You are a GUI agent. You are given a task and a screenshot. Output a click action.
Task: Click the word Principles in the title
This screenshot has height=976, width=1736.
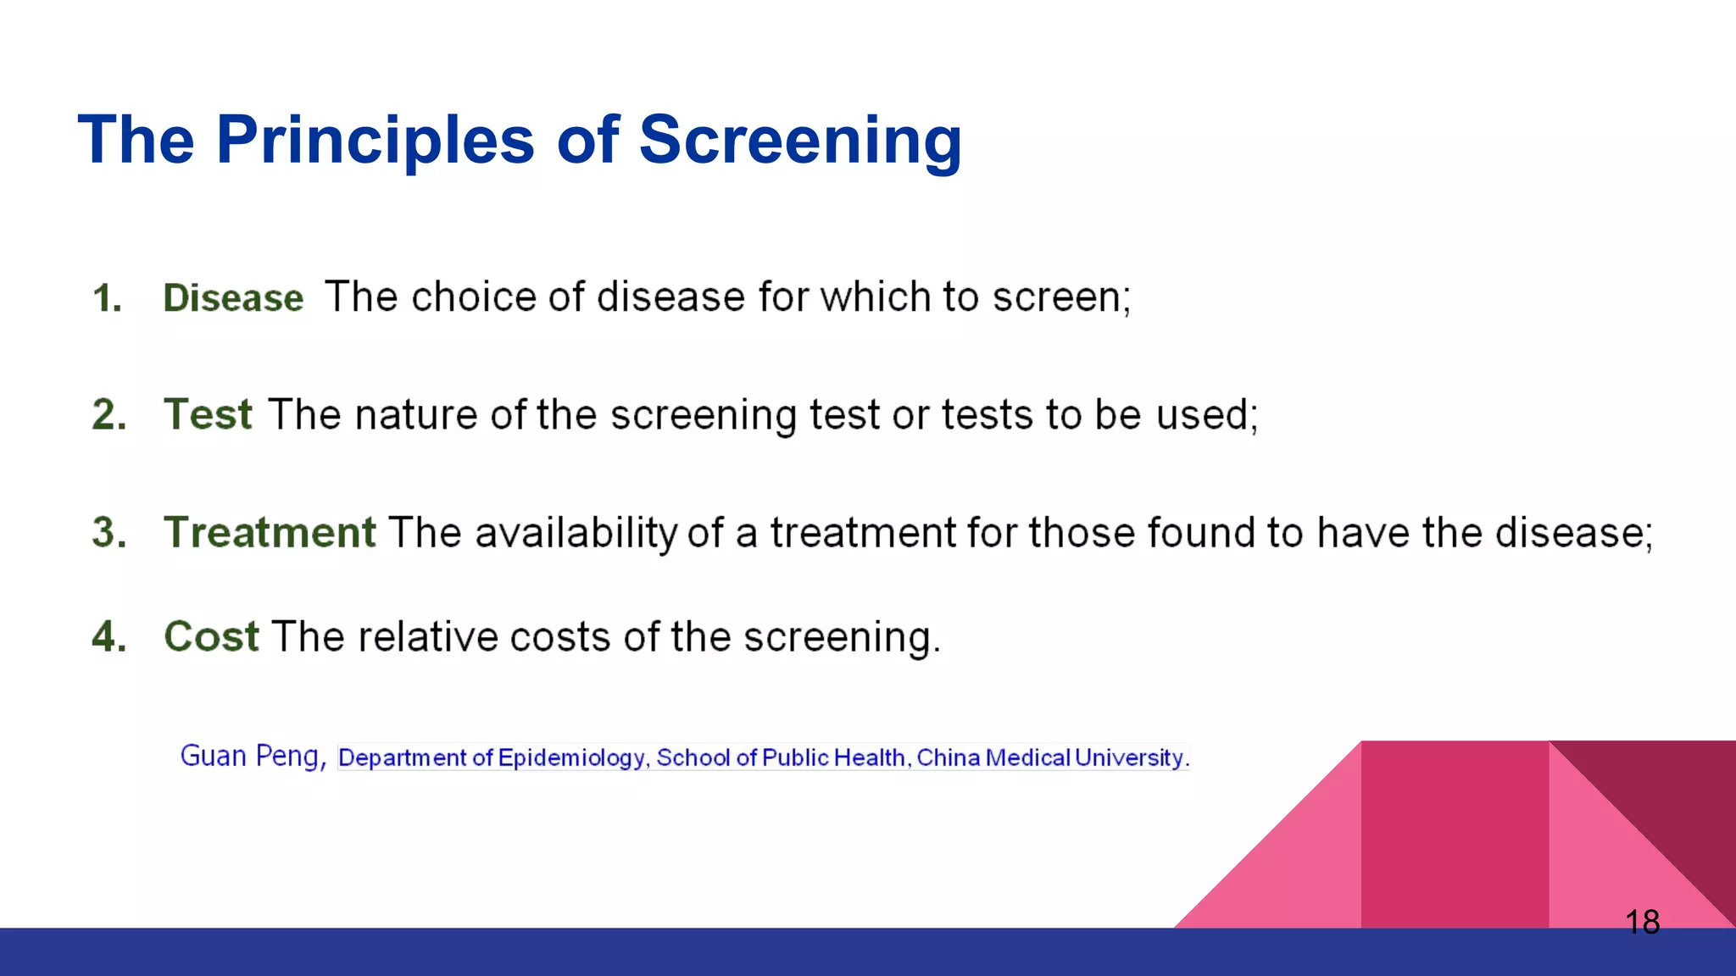pyautogui.click(x=375, y=140)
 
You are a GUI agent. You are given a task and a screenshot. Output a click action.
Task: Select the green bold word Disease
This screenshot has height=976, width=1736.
pyautogui.click(x=233, y=298)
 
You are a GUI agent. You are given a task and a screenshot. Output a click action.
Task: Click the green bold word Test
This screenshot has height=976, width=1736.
pyautogui.click(x=208, y=415)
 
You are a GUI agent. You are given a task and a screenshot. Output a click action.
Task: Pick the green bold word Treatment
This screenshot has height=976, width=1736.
pyautogui.click(x=270, y=533)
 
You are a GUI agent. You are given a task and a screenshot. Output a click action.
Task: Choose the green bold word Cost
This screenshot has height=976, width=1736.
pyautogui.click(x=211, y=636)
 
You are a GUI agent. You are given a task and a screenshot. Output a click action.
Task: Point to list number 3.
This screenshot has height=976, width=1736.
pyautogui.click(x=109, y=533)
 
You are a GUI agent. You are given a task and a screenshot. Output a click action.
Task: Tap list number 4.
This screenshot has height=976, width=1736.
pyautogui.click(x=109, y=637)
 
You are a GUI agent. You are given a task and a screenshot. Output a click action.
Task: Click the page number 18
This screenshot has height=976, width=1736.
pyautogui.click(x=1642, y=922)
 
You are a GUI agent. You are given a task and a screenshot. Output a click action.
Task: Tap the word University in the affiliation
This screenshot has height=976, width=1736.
pyautogui.click(x=1130, y=757)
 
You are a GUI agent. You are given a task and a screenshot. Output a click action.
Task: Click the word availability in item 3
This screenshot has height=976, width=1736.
pyautogui.click(x=576, y=533)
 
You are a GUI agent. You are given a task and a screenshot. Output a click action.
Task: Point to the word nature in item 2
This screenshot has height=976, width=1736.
pyautogui.click(x=415, y=415)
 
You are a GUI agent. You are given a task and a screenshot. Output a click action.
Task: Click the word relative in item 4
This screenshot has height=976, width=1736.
pyautogui.click(x=427, y=637)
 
